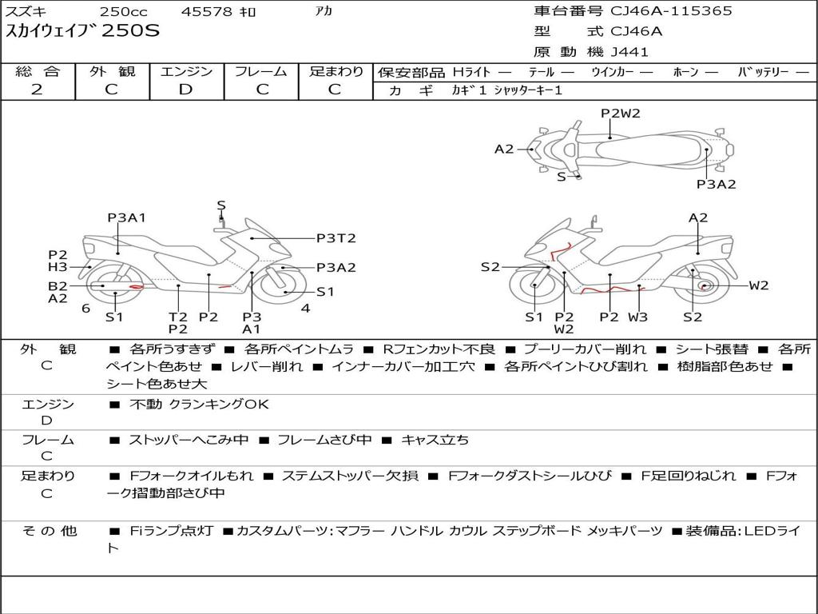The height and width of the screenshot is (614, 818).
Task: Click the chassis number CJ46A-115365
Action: (x=671, y=10)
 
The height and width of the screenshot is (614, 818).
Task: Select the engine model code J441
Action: (x=629, y=52)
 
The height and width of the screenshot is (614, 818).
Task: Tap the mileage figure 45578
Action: (x=206, y=11)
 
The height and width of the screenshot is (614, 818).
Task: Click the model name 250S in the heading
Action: (x=130, y=30)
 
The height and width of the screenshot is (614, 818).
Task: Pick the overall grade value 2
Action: (x=37, y=90)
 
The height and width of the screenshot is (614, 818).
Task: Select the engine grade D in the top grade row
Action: (x=185, y=90)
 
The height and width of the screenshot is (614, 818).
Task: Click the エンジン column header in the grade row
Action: (x=186, y=71)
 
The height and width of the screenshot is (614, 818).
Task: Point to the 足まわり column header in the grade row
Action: (x=336, y=71)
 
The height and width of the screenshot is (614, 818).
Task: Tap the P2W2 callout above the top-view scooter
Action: (x=620, y=113)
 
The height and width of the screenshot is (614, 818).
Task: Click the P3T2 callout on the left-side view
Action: (x=336, y=238)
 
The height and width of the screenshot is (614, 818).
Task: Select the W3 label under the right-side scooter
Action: (x=637, y=317)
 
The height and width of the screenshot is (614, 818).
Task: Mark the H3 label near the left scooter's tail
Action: (x=58, y=267)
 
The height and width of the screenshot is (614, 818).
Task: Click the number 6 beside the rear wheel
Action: (x=86, y=308)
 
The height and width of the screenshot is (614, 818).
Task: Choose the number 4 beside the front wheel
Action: (x=306, y=308)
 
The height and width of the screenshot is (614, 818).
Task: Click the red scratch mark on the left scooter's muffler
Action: (x=136, y=286)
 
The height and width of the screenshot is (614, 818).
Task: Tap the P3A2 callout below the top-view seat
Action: (x=717, y=184)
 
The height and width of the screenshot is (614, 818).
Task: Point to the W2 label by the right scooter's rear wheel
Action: (x=759, y=285)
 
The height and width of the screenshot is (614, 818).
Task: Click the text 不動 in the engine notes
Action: (x=145, y=404)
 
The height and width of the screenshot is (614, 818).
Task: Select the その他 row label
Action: (x=49, y=531)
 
